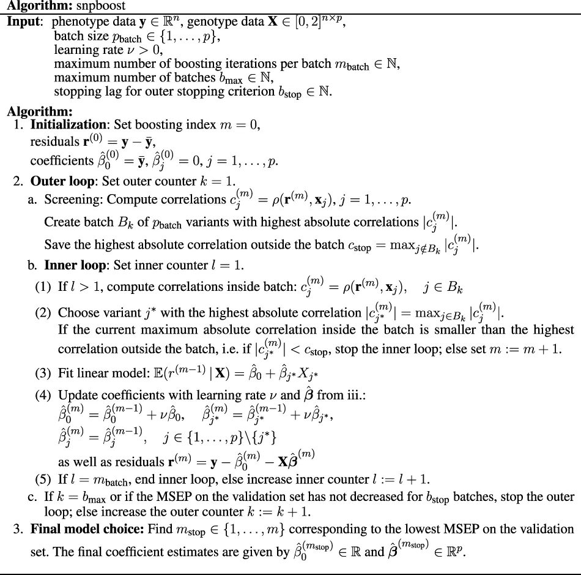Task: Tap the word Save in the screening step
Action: [x=56, y=245]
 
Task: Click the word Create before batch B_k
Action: [x=61, y=223]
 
